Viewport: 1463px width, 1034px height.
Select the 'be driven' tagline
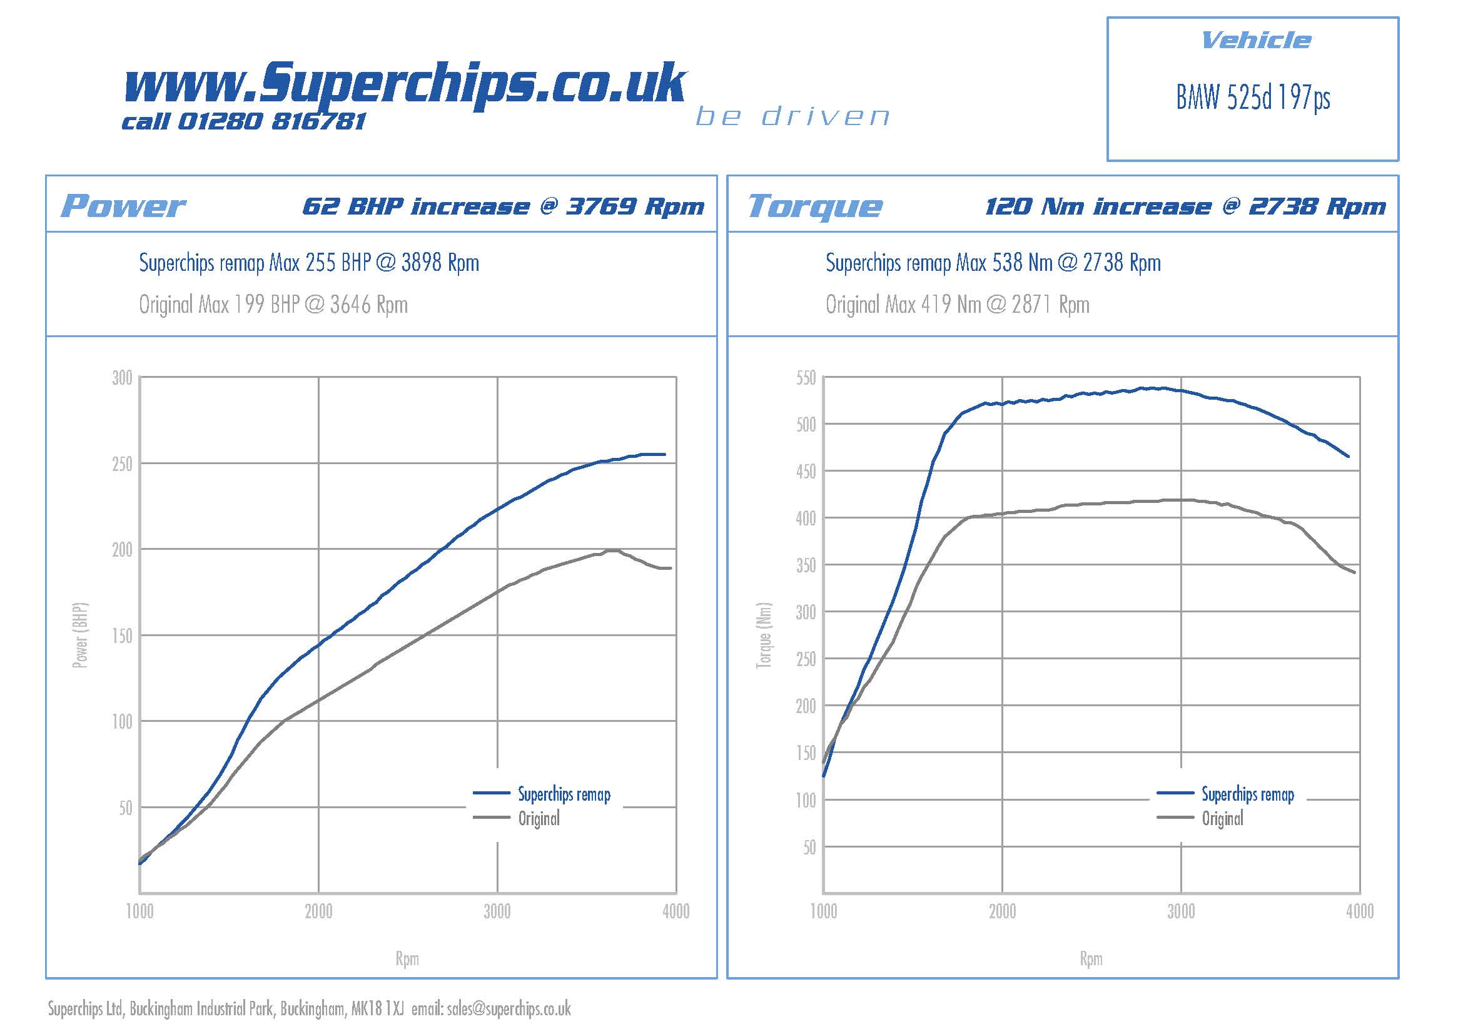[x=792, y=116]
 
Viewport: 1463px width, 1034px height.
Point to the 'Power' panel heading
[x=123, y=206]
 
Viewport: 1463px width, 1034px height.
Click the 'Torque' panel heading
[x=815, y=206]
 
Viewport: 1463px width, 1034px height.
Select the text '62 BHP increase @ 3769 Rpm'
[x=503, y=206]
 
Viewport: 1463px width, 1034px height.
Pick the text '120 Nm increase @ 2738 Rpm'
[x=1185, y=206]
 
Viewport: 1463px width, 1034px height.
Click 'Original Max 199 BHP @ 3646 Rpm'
[x=273, y=305]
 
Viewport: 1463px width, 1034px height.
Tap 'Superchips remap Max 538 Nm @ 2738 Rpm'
[x=993, y=263]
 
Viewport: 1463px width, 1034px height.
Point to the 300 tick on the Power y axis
[x=122, y=378]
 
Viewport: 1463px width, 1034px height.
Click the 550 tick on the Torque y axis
[x=806, y=378]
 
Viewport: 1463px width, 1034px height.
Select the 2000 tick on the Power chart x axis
[x=318, y=911]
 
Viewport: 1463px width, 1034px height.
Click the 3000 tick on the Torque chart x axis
[x=1181, y=911]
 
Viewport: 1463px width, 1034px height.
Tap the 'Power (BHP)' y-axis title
[x=80, y=635]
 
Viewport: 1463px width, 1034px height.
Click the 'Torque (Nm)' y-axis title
[x=764, y=635]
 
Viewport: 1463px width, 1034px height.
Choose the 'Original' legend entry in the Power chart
[x=539, y=819]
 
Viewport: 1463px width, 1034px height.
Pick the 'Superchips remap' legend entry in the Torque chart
[x=1248, y=794]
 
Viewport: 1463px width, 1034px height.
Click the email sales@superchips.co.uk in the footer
[x=509, y=1008]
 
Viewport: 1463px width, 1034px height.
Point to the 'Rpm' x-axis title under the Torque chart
[x=1091, y=959]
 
